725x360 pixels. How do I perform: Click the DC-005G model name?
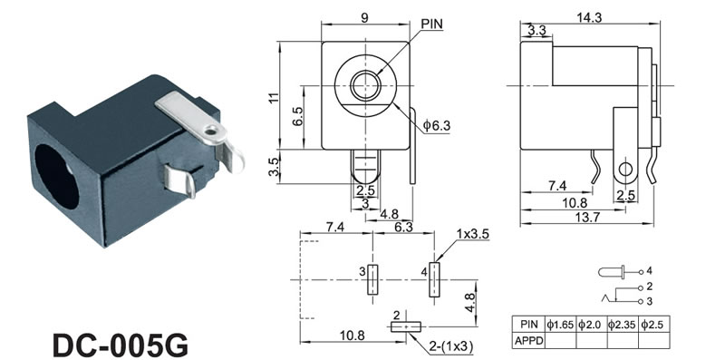(x=121, y=345)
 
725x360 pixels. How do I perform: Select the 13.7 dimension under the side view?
(x=586, y=218)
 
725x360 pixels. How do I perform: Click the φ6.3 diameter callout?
(x=437, y=125)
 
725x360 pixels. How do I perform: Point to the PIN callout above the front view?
(x=432, y=24)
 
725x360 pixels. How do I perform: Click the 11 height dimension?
(x=274, y=97)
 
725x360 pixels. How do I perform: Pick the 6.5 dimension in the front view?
(x=298, y=116)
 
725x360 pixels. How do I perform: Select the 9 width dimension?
(x=365, y=17)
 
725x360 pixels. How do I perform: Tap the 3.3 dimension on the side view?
(x=536, y=31)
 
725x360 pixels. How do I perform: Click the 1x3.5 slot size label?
(x=472, y=234)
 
